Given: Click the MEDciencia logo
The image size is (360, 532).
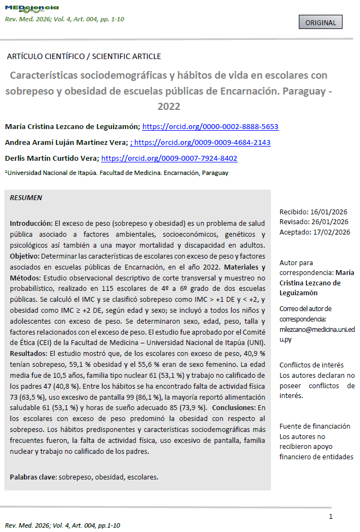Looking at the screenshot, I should (x=31, y=8).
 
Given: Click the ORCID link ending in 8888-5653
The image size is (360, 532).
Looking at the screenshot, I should (x=210, y=126).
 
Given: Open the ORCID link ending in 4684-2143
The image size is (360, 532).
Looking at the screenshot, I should (x=202, y=142).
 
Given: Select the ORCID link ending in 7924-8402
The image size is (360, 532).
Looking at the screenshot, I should (x=169, y=159).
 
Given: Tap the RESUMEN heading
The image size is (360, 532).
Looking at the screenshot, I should (x=26, y=197).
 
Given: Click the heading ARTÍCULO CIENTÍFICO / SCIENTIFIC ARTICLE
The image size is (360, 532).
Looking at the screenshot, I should (x=84, y=56).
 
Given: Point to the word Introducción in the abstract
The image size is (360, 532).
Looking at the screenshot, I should (x=31, y=224).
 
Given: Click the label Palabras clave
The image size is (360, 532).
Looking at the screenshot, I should (x=33, y=477).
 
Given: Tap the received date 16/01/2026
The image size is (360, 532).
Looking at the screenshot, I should (x=329, y=212).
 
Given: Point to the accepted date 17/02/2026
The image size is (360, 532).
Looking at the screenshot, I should (x=331, y=231).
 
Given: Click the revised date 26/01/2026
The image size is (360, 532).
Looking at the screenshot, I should (x=329, y=221).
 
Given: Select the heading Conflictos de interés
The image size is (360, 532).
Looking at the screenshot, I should (x=311, y=365).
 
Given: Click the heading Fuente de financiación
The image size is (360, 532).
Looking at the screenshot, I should (x=315, y=426).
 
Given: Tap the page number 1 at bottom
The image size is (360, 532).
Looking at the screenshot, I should (x=331, y=517).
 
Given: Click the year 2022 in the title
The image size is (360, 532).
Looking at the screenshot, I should (x=169, y=106).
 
